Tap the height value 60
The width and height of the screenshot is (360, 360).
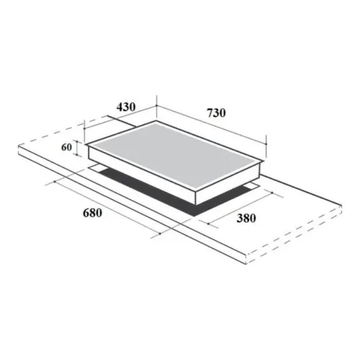[x=66, y=148]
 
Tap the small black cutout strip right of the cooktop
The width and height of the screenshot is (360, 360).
[x=248, y=186]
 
